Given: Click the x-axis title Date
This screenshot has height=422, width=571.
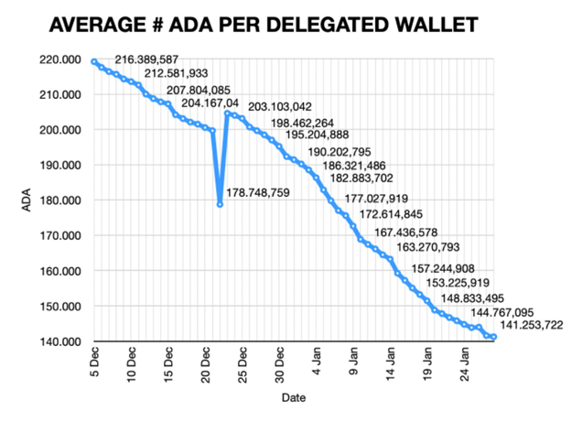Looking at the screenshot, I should [293, 398].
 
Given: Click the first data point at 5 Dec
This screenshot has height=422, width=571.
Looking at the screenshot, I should [95, 61].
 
